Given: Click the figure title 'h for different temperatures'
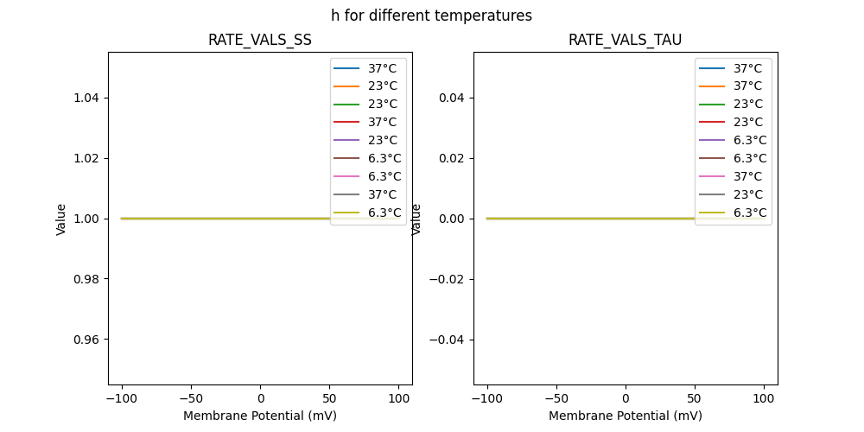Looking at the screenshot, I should pos(431,16).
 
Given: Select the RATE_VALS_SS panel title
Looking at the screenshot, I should pos(259,40).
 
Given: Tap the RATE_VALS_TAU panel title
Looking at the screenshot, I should pos(625,40).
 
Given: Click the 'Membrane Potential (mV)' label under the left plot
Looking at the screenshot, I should pos(259,416).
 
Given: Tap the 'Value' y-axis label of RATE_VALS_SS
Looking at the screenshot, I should pos(61,219).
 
